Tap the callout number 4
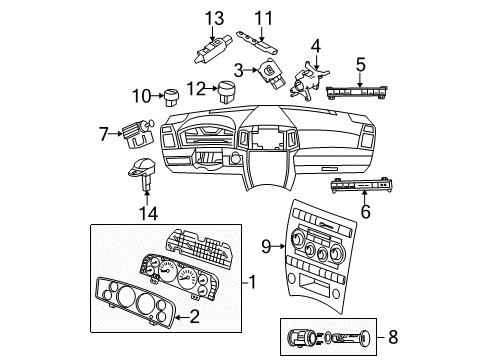point(239,69)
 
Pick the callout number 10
point(365,211)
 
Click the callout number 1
point(253,283)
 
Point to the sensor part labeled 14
point(142,170)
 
